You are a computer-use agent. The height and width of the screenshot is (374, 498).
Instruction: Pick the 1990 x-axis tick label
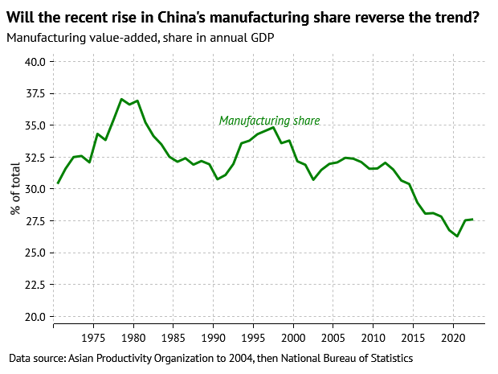[213, 337]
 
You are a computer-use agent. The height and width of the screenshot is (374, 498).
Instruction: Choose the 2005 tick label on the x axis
[333, 337]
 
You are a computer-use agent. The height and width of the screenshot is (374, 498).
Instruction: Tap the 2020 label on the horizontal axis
[452, 337]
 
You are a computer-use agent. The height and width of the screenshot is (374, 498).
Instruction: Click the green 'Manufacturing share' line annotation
[269, 121]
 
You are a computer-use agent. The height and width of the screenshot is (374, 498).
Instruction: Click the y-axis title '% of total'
[15, 189]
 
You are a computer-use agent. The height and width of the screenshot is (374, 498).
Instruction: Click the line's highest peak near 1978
[121, 100]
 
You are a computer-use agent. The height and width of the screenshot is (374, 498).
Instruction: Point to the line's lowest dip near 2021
[457, 236]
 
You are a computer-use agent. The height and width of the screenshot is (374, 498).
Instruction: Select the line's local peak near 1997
[273, 127]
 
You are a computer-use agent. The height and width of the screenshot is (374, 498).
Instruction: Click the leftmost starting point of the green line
[58, 183]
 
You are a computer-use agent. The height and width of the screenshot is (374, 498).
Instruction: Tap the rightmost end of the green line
[472, 220]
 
